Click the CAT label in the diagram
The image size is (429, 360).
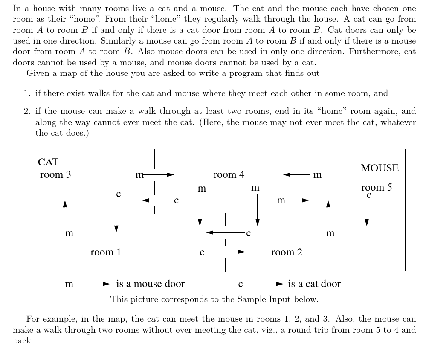(x=48, y=162)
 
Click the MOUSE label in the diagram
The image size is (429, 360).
(x=380, y=168)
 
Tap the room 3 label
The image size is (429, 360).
(x=55, y=174)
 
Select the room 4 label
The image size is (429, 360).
(x=229, y=174)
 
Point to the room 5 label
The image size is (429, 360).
(x=377, y=187)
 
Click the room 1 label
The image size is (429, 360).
(x=106, y=252)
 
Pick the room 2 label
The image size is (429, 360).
(x=287, y=252)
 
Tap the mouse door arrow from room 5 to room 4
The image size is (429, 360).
(x=297, y=174)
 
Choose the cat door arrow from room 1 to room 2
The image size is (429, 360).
(x=225, y=252)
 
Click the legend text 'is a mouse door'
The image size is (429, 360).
(x=151, y=284)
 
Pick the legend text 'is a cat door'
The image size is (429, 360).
(x=314, y=284)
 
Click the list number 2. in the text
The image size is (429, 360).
(x=27, y=112)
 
